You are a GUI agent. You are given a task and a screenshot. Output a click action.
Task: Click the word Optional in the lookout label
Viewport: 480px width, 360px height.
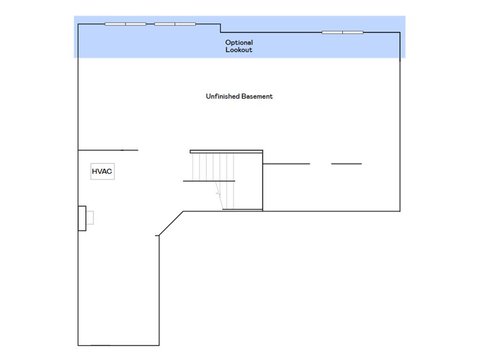pos(239,43)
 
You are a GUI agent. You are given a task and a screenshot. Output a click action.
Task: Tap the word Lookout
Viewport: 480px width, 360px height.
pos(239,50)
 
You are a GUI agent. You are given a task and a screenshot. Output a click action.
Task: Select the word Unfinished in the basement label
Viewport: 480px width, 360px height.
pos(222,97)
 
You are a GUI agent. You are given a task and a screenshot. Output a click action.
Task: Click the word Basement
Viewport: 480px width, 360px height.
pos(257,97)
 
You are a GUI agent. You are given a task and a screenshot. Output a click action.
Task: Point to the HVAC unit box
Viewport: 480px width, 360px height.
pos(103,172)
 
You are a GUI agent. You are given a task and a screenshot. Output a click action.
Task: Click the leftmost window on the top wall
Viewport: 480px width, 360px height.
pos(126,24)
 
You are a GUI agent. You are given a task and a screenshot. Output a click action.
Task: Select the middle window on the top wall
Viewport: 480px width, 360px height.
pos(175,24)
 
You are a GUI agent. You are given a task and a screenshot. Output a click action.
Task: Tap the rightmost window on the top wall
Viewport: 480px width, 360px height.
pos(343,32)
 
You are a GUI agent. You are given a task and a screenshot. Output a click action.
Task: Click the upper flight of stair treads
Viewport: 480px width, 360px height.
pos(213,167)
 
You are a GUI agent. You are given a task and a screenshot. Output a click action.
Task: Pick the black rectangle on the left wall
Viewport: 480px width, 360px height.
pos(82,218)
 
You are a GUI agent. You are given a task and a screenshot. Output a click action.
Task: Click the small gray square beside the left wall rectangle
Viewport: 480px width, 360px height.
pos(90,217)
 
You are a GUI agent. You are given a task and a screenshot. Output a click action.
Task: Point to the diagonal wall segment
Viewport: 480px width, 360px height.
pos(171,224)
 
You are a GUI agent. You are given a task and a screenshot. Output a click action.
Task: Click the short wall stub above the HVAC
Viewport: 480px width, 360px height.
pos(108,150)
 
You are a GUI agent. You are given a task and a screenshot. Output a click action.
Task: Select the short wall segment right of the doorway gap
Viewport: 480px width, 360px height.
pos(346,164)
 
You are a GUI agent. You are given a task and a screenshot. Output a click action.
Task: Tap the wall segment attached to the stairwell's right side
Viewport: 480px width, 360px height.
pos(286,164)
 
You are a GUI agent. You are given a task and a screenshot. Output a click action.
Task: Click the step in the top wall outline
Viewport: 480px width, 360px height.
pos(220,28)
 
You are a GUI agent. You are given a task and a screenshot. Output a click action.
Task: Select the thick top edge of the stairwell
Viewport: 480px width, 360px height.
pos(226,151)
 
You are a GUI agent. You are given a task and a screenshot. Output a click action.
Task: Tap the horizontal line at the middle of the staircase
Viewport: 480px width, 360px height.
pos(209,181)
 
